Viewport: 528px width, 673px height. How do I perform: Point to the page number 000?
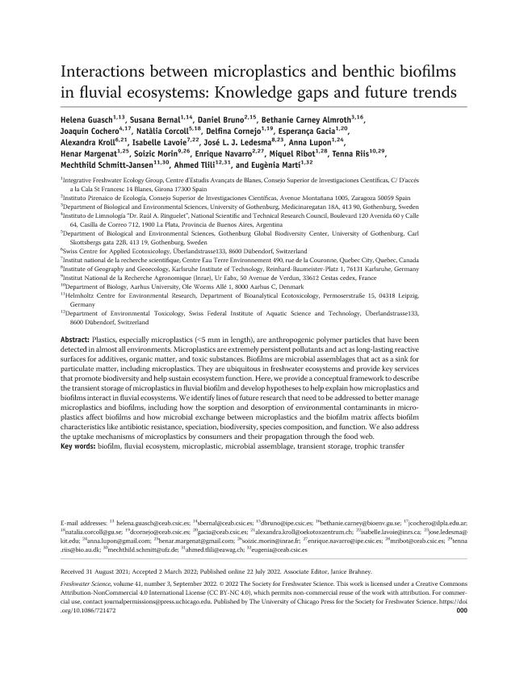click(461, 611)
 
